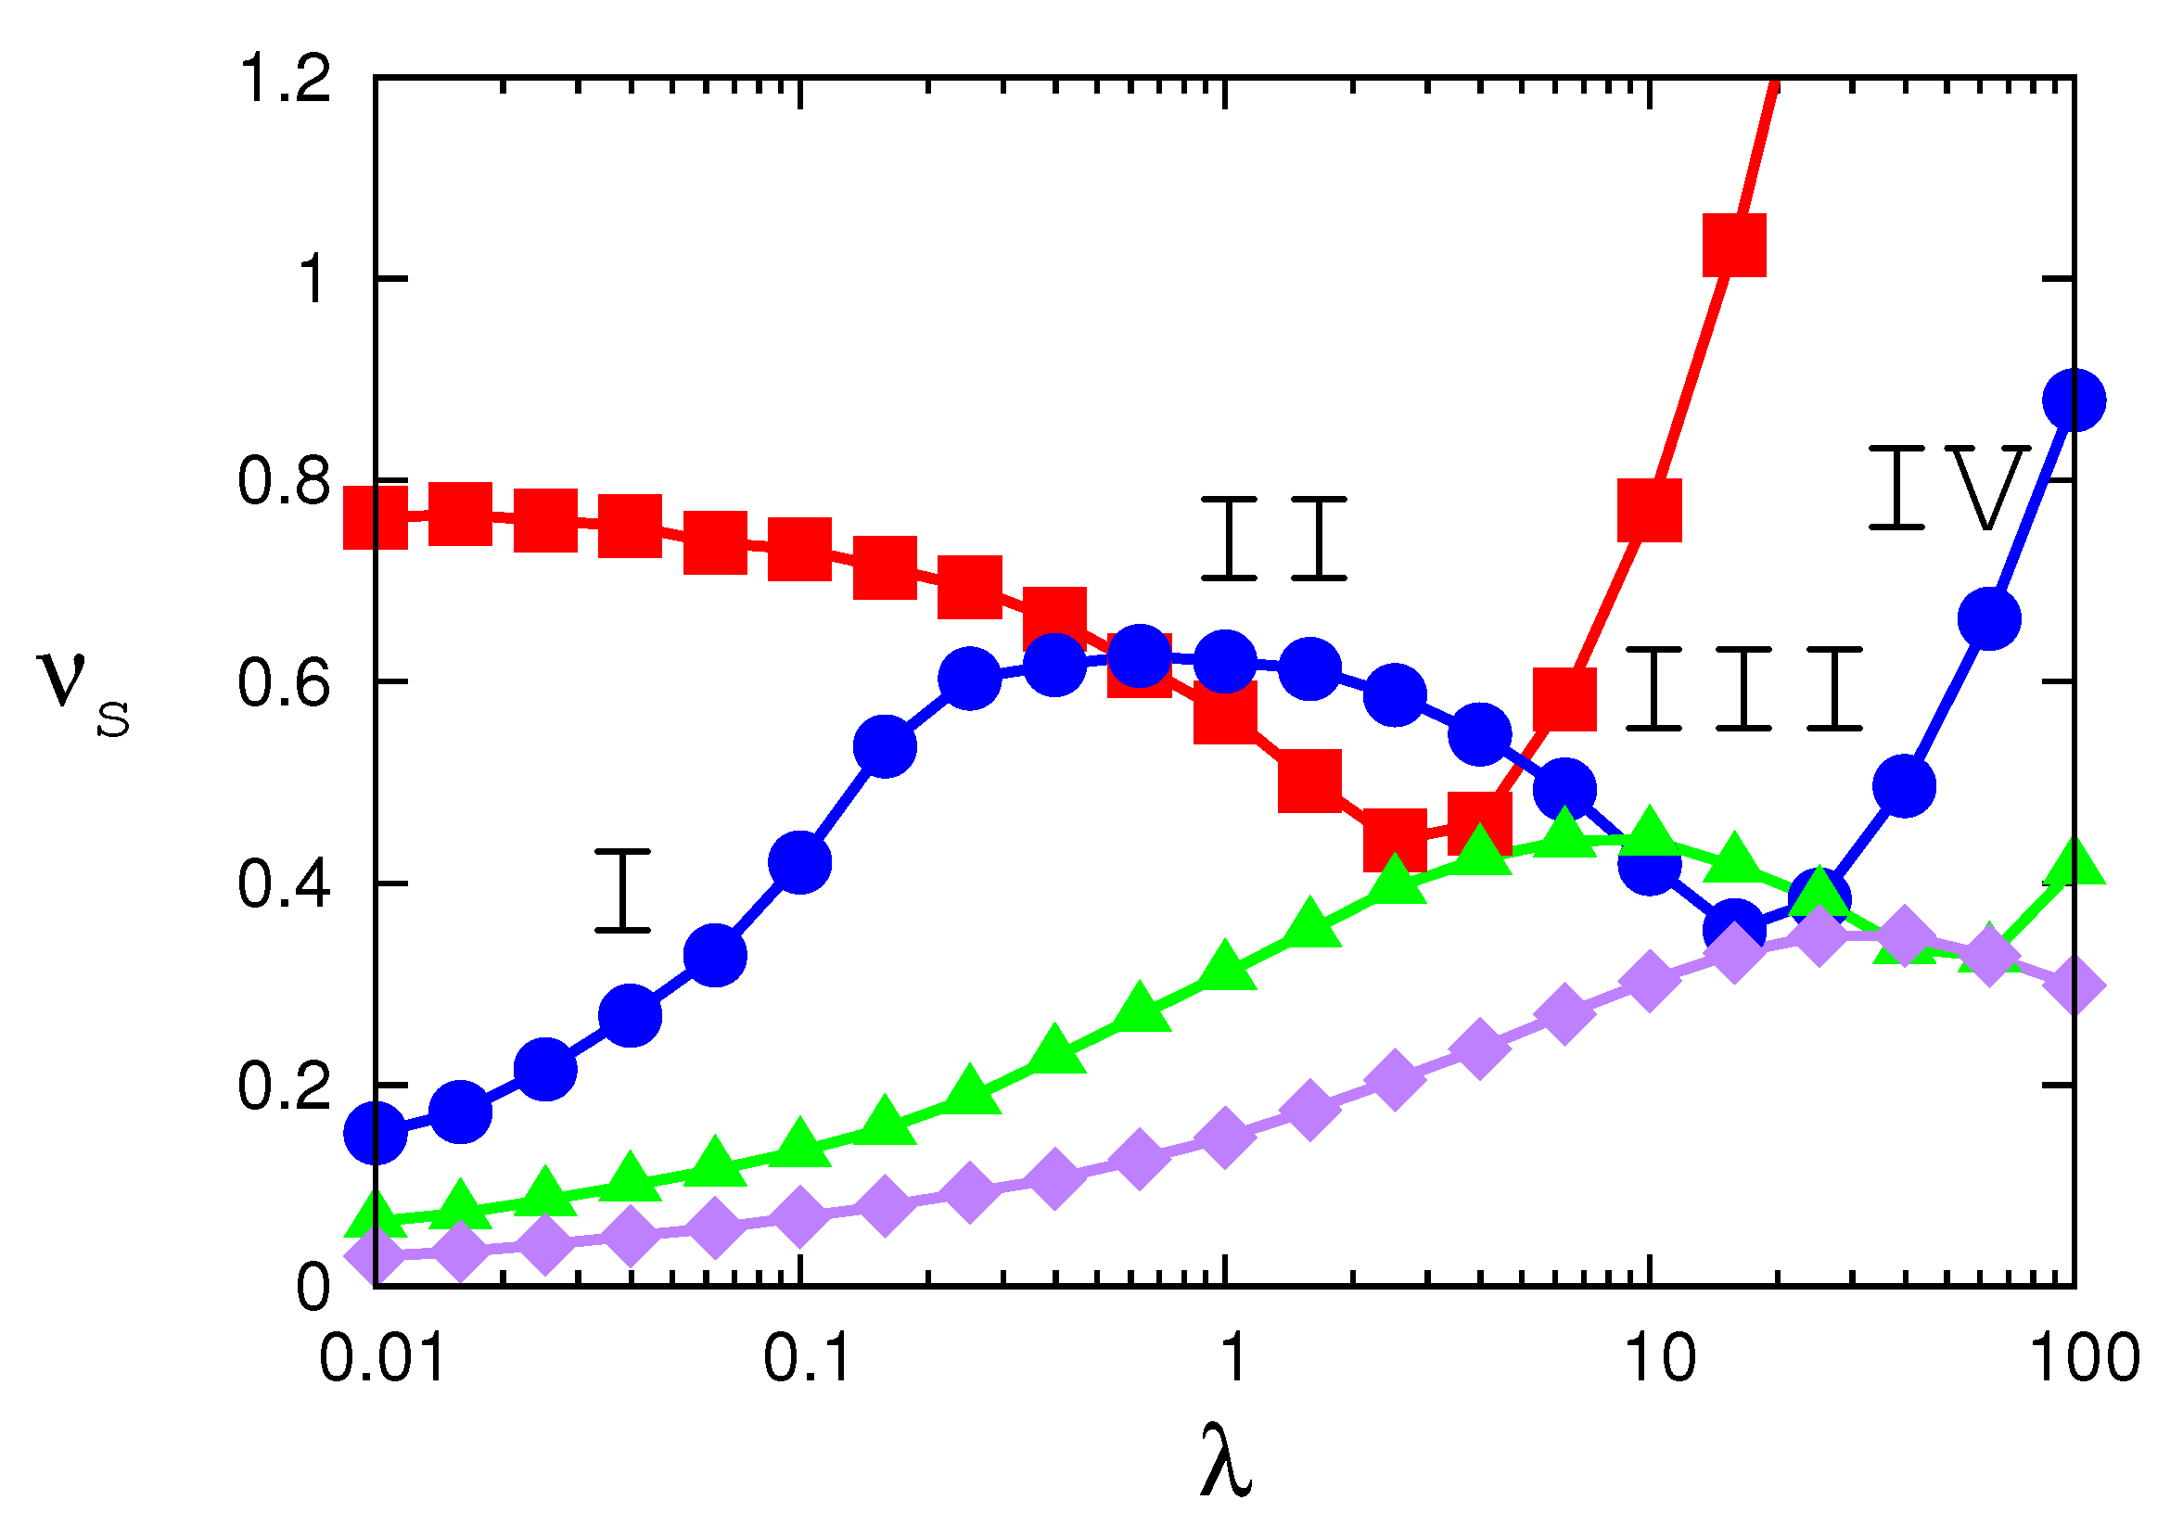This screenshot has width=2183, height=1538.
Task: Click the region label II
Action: click(1274, 538)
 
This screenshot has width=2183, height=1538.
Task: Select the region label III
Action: click(1743, 689)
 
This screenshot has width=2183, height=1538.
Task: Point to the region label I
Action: click(623, 891)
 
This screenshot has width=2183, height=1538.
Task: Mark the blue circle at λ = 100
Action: click(2074, 400)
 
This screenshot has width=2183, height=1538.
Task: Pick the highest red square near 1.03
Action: click(1734, 246)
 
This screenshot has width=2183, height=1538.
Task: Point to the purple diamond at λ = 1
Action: click(1226, 1136)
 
